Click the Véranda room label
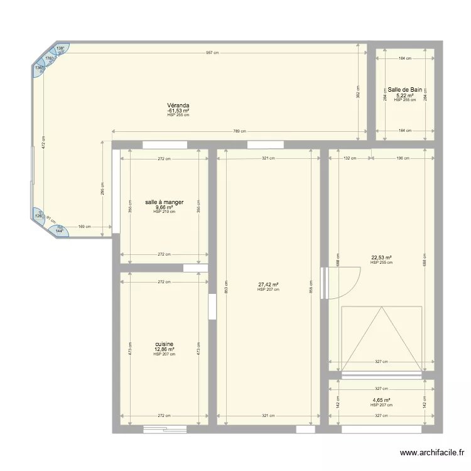tap(178, 106)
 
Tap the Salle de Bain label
tap(404, 90)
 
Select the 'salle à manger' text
tap(164, 202)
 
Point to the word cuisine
tap(164, 344)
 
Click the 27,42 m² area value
tap(268, 284)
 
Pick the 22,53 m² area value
tap(381, 257)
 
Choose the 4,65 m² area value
tap(381, 400)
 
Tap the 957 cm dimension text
tap(212, 53)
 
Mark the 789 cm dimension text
tap(239, 131)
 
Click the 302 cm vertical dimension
tap(357, 92)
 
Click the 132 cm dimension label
tap(350, 158)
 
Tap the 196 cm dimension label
tap(402, 158)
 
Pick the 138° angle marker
tap(60, 48)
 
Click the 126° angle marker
tap(38, 217)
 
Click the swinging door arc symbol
tap(344, 283)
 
